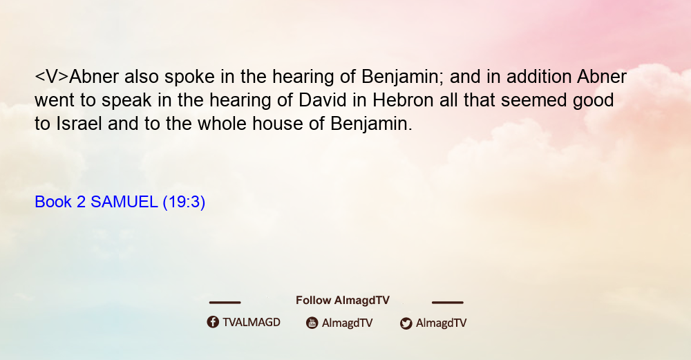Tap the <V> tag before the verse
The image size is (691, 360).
pyautogui.click(x=52, y=77)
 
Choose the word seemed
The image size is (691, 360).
pyautogui.click(x=533, y=100)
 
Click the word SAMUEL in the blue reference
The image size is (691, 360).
pyautogui.click(x=124, y=202)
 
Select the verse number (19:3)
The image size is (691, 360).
pyautogui.click(x=184, y=202)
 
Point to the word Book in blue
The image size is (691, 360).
pyautogui.click(x=53, y=202)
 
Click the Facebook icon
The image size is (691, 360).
pyautogui.click(x=213, y=322)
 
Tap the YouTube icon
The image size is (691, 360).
pyautogui.click(x=312, y=323)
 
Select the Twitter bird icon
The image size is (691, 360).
pyautogui.click(x=406, y=323)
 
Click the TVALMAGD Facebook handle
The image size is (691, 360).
pyautogui.click(x=252, y=322)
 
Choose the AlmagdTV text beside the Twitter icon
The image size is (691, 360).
pyautogui.click(x=441, y=323)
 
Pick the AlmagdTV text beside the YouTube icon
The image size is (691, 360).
pyautogui.click(x=348, y=323)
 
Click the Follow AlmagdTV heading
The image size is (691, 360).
pyautogui.click(x=343, y=301)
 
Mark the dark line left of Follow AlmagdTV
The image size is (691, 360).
pyautogui.click(x=225, y=302)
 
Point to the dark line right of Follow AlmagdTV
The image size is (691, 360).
pyautogui.click(x=447, y=302)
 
